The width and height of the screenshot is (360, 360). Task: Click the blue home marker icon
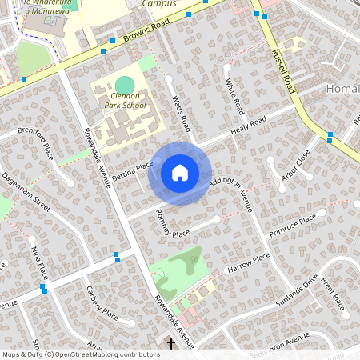click(180, 172)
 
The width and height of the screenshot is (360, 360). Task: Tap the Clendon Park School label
click(125, 100)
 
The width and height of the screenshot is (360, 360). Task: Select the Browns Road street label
click(149, 32)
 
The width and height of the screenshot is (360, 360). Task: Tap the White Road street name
click(234, 95)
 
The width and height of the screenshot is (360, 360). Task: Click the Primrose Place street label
click(294, 225)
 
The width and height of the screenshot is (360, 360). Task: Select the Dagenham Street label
click(27, 193)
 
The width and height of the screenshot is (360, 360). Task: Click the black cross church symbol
click(170, 344)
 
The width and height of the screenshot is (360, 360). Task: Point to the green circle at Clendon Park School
click(125, 85)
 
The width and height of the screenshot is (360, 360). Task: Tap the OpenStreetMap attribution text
click(81, 354)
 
